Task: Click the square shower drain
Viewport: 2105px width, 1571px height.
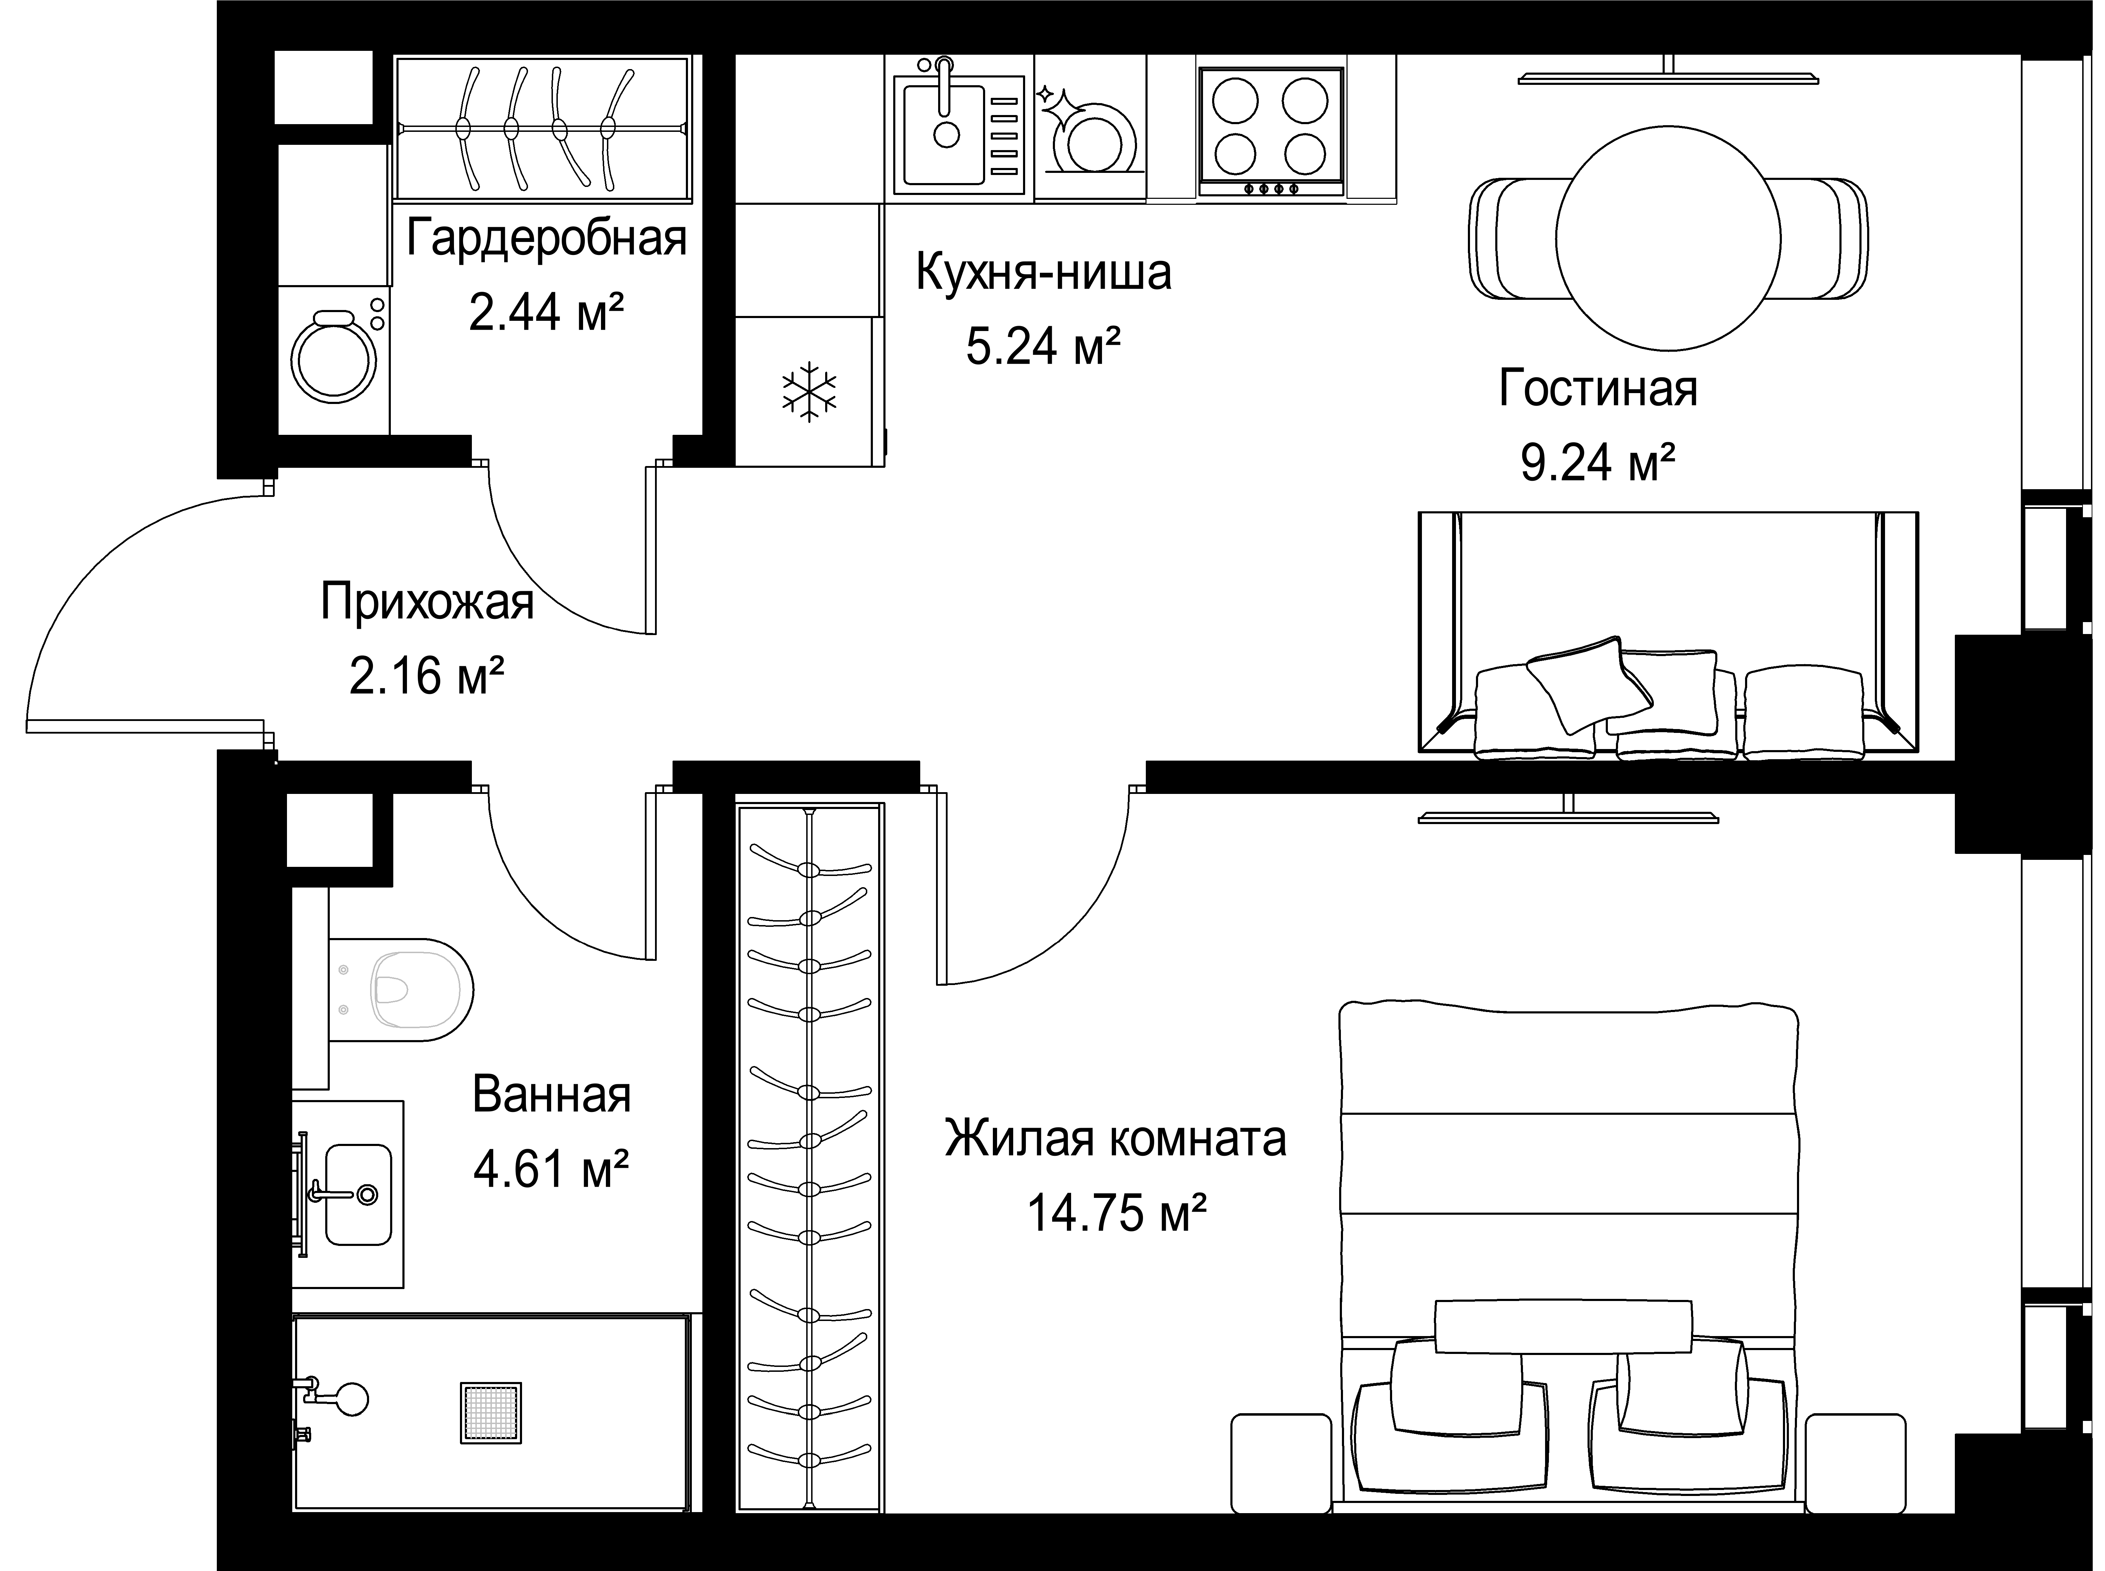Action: tap(491, 1412)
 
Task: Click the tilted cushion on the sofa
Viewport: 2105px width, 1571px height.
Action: tap(1589, 683)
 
